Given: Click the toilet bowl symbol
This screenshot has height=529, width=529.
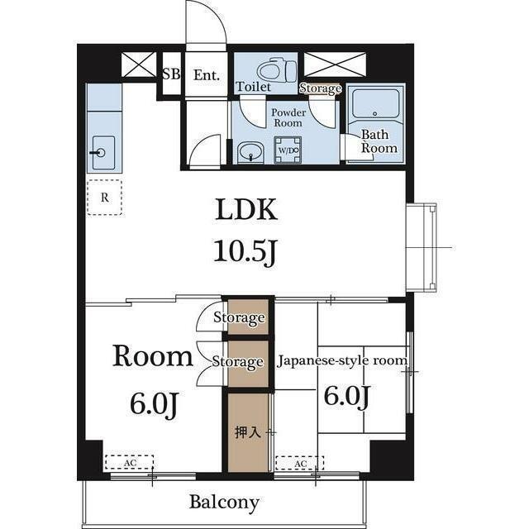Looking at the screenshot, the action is (x=276, y=70).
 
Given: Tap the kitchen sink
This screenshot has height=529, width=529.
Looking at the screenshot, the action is (x=103, y=153).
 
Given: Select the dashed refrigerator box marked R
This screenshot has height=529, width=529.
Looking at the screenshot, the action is (x=104, y=197).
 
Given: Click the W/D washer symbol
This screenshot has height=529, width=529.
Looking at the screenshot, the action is (x=288, y=150).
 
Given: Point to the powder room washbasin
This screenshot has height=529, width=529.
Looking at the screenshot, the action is (x=250, y=152).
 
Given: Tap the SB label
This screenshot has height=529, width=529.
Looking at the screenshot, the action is (x=171, y=74).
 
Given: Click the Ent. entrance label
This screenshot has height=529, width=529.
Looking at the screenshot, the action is (x=207, y=75).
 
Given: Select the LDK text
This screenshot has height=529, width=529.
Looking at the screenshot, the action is (x=246, y=209).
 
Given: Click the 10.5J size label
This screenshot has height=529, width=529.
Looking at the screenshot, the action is (x=245, y=251).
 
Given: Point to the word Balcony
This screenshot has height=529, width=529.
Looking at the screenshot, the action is (x=224, y=503).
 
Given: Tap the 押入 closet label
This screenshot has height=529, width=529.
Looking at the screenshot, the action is (x=248, y=432).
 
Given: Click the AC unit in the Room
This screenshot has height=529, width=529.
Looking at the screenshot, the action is (x=129, y=462).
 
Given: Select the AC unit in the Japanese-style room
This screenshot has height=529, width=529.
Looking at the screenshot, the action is (x=300, y=463).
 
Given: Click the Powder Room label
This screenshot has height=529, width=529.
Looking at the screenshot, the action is (x=288, y=117).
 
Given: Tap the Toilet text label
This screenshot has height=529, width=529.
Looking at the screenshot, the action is (x=253, y=87).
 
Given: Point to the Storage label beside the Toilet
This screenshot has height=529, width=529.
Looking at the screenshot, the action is (x=320, y=88).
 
